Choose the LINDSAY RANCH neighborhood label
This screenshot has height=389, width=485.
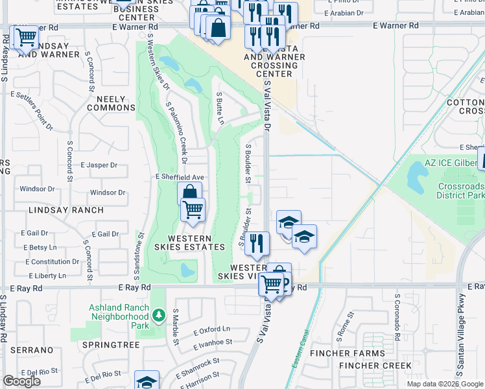pyautogui.click(x=65, y=210)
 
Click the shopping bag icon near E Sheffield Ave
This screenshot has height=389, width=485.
pyautogui.click(x=189, y=193)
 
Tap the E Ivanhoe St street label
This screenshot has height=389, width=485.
pyautogui.click(x=213, y=342)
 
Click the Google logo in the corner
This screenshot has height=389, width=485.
pyautogui.click(x=21, y=381)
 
